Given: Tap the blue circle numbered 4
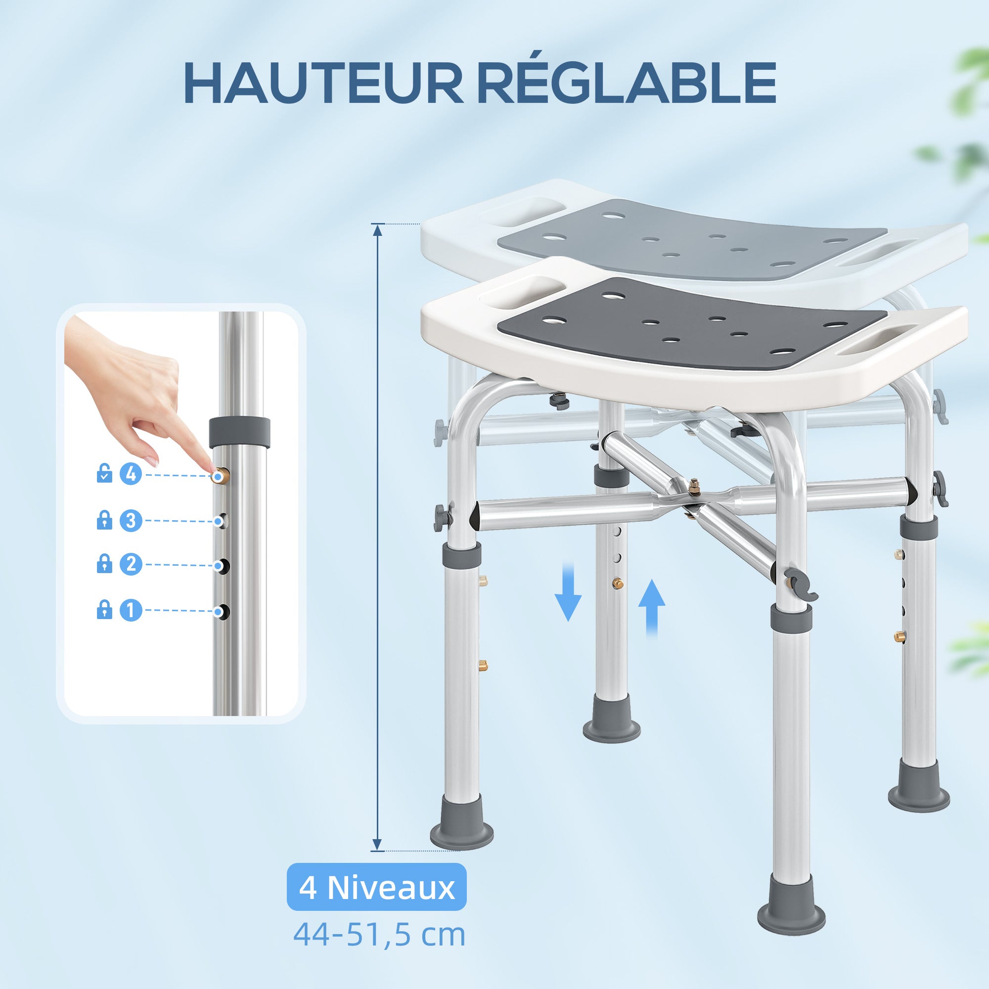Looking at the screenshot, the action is [x=131, y=475].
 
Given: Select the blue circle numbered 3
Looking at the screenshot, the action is [x=131, y=521].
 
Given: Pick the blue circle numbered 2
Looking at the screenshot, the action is [x=131, y=565].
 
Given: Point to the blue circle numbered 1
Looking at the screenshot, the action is [x=131, y=610].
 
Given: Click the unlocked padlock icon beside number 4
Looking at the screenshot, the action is [x=104, y=474].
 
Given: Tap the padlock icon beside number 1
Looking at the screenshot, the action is [x=104, y=609].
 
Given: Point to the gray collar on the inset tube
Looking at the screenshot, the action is [x=240, y=432].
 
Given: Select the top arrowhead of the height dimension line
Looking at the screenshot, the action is [x=378, y=229].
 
